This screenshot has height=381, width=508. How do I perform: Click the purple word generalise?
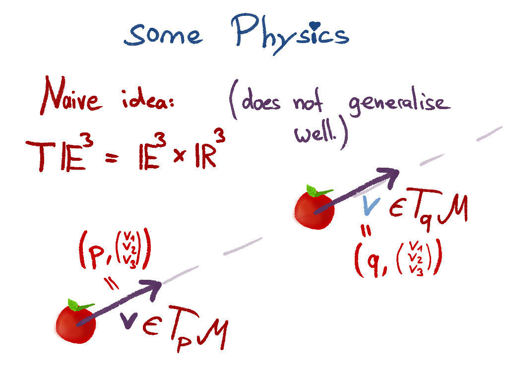[x=399, y=104]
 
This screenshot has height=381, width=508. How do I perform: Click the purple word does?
[x=261, y=102]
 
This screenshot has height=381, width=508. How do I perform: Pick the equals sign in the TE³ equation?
[x=112, y=158]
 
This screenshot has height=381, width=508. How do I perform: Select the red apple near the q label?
[x=313, y=210]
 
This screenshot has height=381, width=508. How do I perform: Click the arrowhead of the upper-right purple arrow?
[x=389, y=174]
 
